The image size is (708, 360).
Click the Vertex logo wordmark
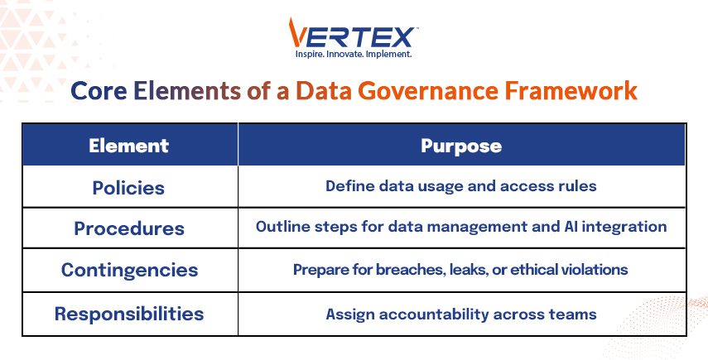click(x=352, y=33)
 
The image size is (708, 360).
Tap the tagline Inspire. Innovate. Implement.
click(x=354, y=54)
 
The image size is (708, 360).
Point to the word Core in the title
click(x=99, y=91)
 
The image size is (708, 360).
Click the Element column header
click(x=128, y=146)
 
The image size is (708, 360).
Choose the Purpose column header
click(x=461, y=146)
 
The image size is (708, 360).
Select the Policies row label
click(x=128, y=188)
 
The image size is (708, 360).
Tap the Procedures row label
click(x=129, y=228)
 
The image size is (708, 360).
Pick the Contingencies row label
click(x=129, y=270)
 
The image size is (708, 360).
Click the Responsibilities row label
click(x=129, y=314)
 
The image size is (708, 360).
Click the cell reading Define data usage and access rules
click(x=461, y=186)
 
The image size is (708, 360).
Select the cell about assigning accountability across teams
click(x=461, y=314)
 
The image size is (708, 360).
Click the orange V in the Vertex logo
click(x=296, y=33)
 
